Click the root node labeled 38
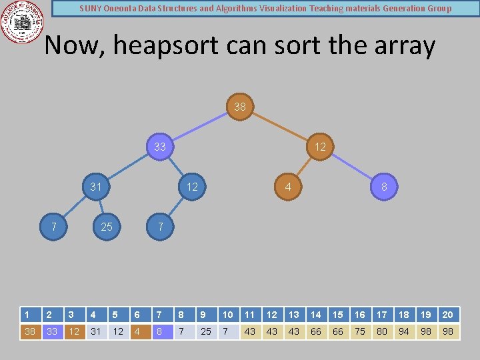click(x=240, y=107)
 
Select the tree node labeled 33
click(x=160, y=147)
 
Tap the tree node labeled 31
click(x=96, y=187)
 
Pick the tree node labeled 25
click(x=107, y=227)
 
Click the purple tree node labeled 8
click(x=384, y=187)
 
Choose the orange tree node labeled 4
click(x=288, y=187)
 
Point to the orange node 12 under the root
click(x=320, y=147)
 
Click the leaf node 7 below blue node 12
click(x=160, y=227)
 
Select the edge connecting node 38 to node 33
click(x=200, y=127)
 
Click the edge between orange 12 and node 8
click(x=352, y=167)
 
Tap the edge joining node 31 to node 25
click(x=101, y=207)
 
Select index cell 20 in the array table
click(x=448, y=315)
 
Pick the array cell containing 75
click(x=360, y=331)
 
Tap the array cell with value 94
click(x=404, y=331)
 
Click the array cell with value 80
click(x=382, y=331)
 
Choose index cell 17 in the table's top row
click(x=382, y=315)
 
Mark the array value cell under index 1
click(x=30, y=331)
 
